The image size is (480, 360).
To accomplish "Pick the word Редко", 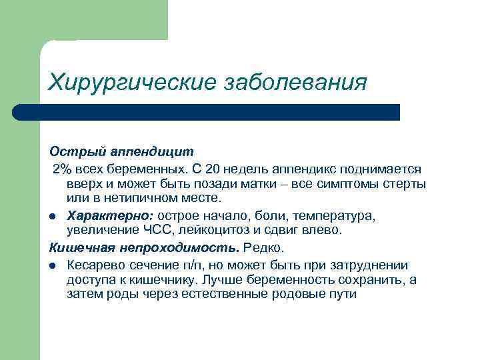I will [x=264, y=247].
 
